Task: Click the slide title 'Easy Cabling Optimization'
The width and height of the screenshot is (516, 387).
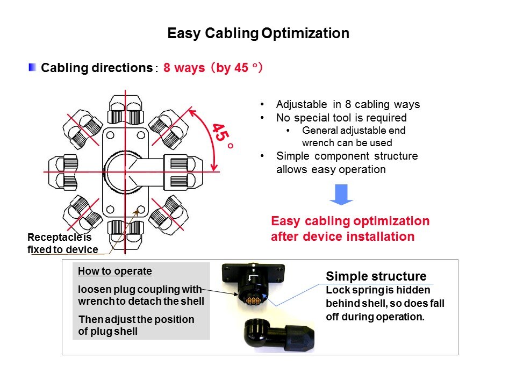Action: [x=258, y=33]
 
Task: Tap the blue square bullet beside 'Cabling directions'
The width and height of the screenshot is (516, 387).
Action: [x=33, y=68]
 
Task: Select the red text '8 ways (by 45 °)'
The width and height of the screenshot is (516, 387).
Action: [x=213, y=68]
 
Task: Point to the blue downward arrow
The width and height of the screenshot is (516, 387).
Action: [x=341, y=194]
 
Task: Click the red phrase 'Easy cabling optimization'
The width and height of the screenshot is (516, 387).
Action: [x=350, y=221]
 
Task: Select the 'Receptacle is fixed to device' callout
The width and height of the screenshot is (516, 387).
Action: [x=62, y=243]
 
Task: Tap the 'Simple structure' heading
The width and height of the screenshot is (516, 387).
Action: [x=376, y=277]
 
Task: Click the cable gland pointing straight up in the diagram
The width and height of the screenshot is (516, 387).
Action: [x=125, y=110]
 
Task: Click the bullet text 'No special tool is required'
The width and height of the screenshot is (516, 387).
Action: [x=341, y=118]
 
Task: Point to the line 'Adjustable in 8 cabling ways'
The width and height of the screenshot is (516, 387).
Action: [x=347, y=105]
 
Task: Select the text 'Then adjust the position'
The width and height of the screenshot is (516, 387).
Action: [x=136, y=319]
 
